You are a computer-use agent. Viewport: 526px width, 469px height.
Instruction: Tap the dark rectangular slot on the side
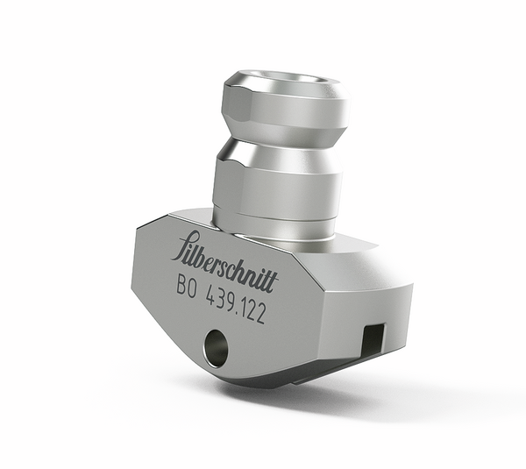pyautogui.click(x=372, y=336)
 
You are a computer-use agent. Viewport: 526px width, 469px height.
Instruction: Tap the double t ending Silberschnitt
pyautogui.click(x=269, y=281)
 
